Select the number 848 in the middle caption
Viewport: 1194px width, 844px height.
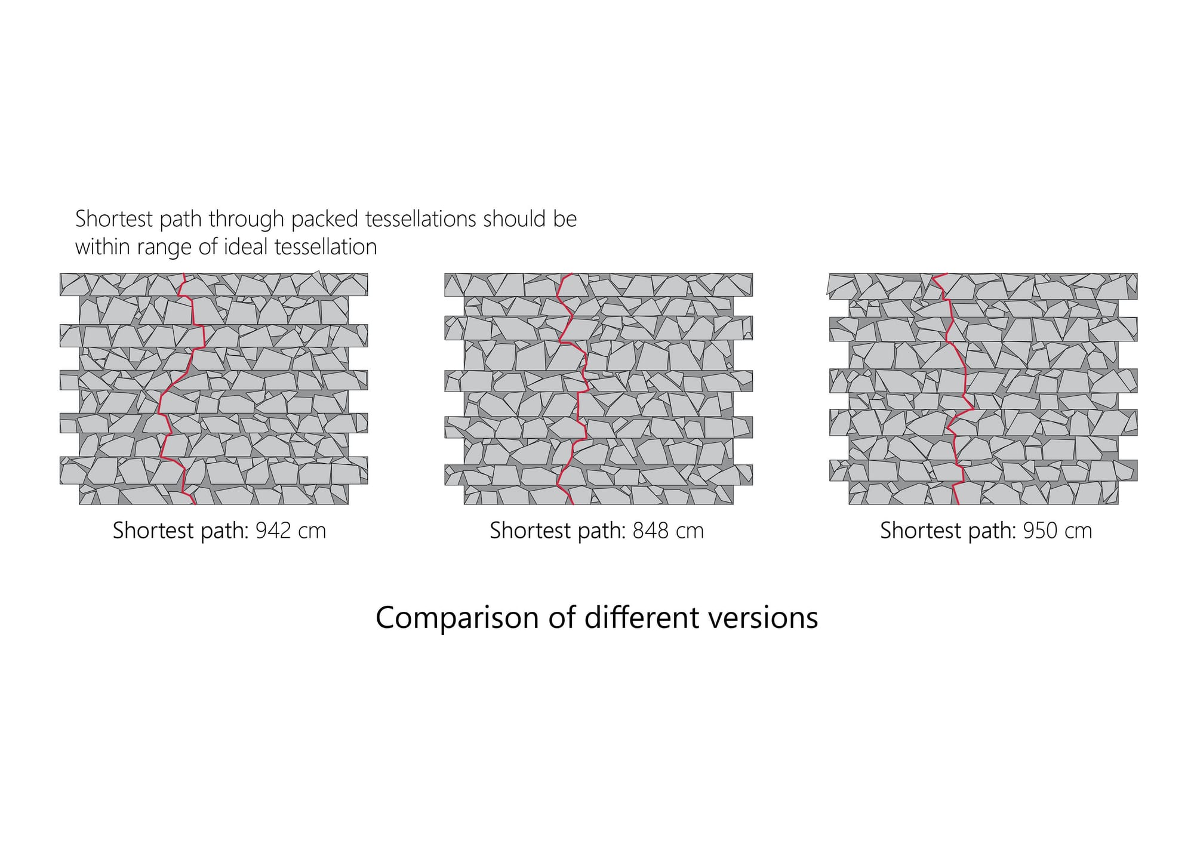(x=651, y=531)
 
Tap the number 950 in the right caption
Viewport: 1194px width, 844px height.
(x=1041, y=531)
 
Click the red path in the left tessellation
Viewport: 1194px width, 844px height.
(x=192, y=310)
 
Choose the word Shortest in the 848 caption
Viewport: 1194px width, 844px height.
(x=528, y=531)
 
